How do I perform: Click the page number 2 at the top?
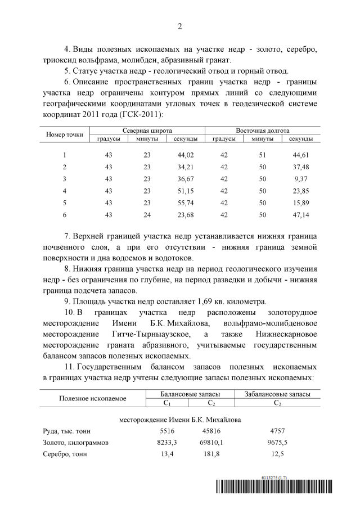coord(179,26)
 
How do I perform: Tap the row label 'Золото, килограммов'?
coord(75,443)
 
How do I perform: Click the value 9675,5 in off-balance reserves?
coord(277,443)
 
